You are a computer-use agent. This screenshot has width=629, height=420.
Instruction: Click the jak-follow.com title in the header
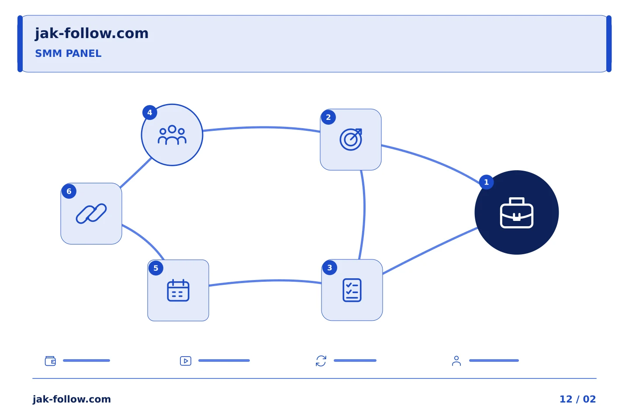coord(92,34)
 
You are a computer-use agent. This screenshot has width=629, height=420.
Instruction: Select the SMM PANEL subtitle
coord(68,53)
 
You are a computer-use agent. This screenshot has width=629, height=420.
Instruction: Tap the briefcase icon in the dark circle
coord(517,213)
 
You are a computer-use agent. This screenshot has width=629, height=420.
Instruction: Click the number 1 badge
coord(486,182)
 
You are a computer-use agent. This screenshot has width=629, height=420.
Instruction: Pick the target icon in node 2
coord(351,140)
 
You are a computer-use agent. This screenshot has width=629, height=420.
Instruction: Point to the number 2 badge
coord(328,117)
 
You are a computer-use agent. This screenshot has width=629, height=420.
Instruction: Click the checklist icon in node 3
coord(352,290)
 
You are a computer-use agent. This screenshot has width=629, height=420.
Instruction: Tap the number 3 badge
coord(330,267)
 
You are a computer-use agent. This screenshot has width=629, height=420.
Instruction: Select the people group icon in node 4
coord(172,135)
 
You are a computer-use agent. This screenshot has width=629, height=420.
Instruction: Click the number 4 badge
coord(150,112)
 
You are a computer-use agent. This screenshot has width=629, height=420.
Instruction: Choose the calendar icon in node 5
coord(178,290)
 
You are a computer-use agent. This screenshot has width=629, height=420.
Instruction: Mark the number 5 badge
coord(156,268)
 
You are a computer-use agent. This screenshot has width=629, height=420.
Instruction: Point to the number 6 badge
coord(69,191)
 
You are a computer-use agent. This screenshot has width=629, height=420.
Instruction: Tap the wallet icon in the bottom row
coord(50,361)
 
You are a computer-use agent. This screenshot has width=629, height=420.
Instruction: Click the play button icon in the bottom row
coord(186,361)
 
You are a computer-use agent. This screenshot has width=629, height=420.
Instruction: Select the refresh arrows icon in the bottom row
coord(321,361)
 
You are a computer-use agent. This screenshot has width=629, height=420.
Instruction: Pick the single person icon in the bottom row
coord(456,361)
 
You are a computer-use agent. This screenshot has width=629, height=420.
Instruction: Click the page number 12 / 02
coord(577,399)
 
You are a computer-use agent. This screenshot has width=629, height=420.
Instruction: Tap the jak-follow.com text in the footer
coord(72,399)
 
